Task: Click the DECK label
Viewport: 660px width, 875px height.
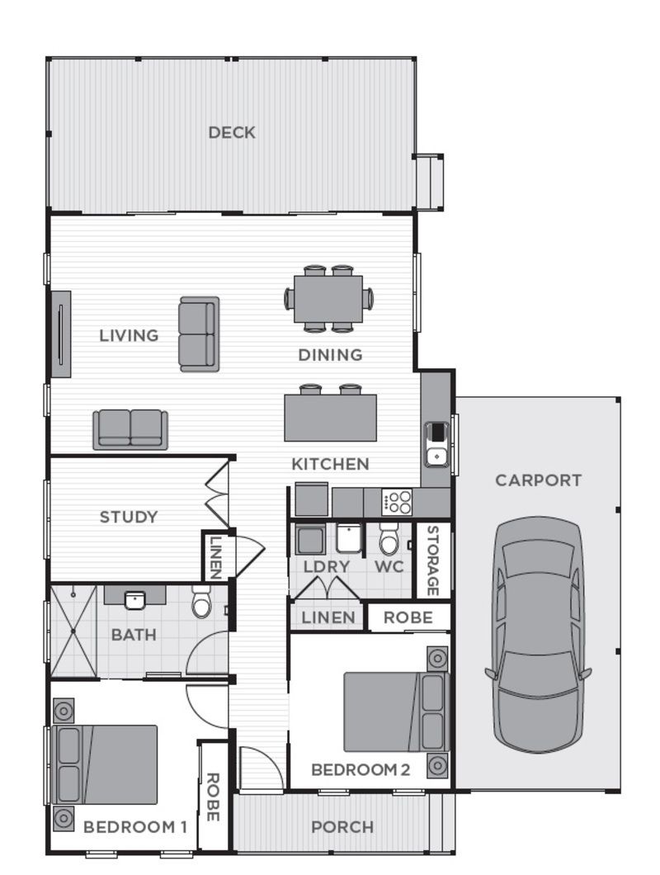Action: tap(232, 132)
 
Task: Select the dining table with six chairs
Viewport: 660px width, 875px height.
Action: tap(328, 298)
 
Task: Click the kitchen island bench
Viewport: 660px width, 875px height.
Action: tap(330, 417)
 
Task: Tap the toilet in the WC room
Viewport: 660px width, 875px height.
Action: tap(389, 540)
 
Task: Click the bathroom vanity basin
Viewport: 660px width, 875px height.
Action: tap(135, 598)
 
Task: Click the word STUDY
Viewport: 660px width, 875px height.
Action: tap(129, 518)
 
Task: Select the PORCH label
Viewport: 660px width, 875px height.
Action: tap(342, 826)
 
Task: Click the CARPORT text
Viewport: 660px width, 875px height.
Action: tap(538, 480)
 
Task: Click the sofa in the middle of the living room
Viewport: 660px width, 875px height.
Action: tap(199, 334)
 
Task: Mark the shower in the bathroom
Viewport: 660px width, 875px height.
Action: tap(73, 631)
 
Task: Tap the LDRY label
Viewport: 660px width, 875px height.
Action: tap(327, 567)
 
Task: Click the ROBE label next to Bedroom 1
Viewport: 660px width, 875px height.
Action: tap(212, 797)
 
